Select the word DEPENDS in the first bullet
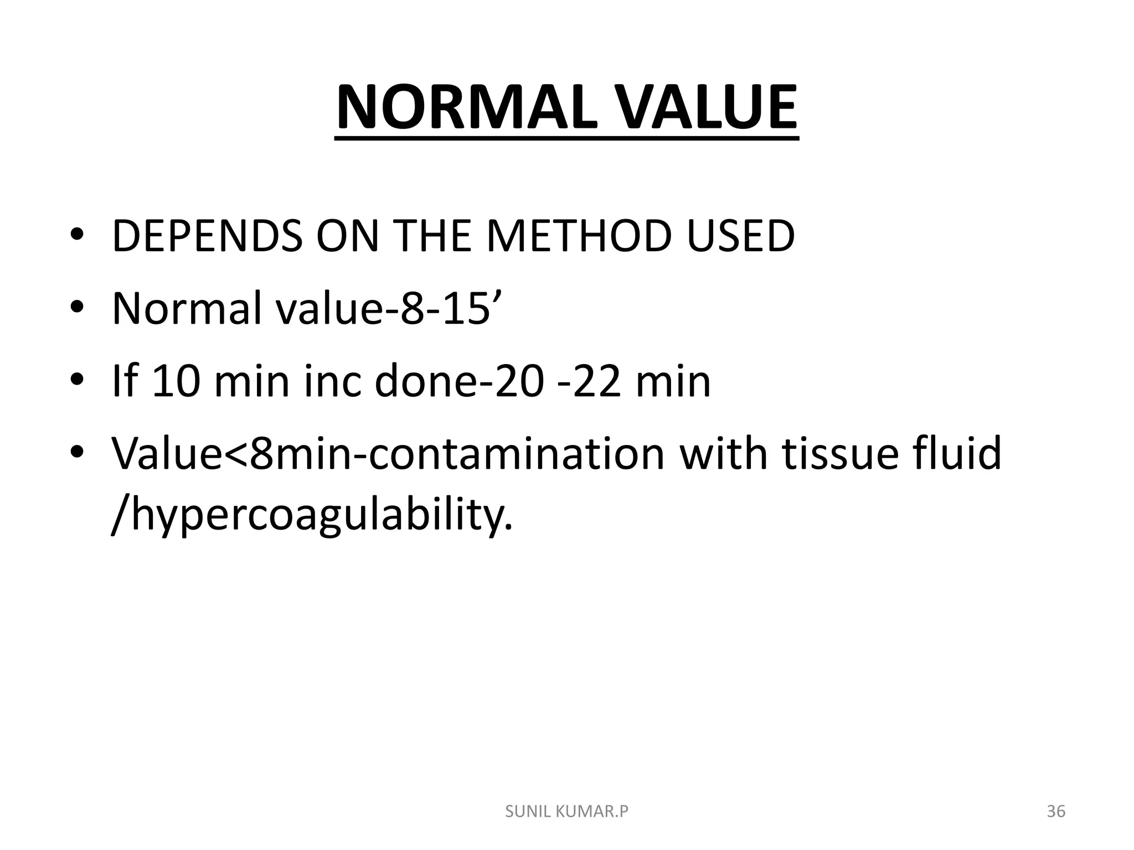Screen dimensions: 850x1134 tap(207, 237)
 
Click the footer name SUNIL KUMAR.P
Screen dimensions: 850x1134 tap(567, 812)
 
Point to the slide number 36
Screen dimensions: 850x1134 tap(1056, 812)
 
